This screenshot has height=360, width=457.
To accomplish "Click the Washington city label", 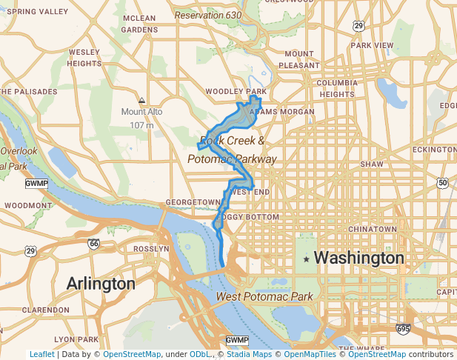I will (x=359, y=259).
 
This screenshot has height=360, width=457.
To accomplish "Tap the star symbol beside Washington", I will (x=306, y=259).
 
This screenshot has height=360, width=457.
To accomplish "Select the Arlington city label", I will (x=101, y=284).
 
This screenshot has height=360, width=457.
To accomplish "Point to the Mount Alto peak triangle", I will (x=141, y=100).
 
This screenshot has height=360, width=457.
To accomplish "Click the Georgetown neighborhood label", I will (x=193, y=201).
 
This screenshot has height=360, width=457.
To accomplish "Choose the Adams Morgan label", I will (x=283, y=112).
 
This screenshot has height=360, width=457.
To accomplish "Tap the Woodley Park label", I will (x=236, y=91).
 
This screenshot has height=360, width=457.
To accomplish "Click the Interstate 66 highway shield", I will (x=93, y=243).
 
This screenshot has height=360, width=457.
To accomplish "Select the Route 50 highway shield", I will (x=442, y=182).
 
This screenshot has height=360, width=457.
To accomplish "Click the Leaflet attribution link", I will (x=41, y=354).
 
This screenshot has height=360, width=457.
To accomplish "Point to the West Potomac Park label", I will (x=265, y=297).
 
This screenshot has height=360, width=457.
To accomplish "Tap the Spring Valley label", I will (x=36, y=12).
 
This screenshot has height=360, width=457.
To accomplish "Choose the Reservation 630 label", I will (x=208, y=15).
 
